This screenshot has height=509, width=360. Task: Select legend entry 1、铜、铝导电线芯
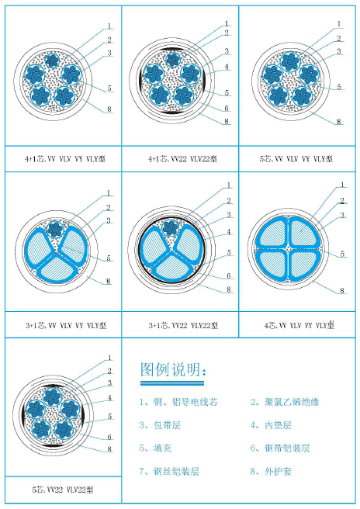178,402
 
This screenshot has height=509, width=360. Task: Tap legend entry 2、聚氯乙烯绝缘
285,402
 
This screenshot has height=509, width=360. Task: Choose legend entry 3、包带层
160,425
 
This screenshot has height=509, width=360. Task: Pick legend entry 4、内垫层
271,425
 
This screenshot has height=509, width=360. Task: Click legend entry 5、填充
155,448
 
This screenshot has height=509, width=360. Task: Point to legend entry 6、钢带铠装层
280,448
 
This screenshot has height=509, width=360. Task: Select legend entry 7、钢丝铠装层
169,471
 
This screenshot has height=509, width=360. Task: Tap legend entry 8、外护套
271,471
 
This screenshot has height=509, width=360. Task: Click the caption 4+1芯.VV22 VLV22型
182,159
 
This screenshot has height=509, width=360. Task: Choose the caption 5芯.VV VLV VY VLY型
296,159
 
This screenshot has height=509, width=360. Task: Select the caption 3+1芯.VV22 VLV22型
183,325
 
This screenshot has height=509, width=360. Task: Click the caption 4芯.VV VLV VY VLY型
299,325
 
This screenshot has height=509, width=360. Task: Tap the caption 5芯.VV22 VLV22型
63,490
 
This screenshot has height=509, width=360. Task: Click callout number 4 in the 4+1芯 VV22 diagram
227,67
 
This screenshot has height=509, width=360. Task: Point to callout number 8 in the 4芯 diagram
342,290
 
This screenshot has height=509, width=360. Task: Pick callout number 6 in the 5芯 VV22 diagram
109,437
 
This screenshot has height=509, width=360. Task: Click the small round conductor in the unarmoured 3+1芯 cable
55,229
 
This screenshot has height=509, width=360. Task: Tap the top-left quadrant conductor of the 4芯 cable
272,233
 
